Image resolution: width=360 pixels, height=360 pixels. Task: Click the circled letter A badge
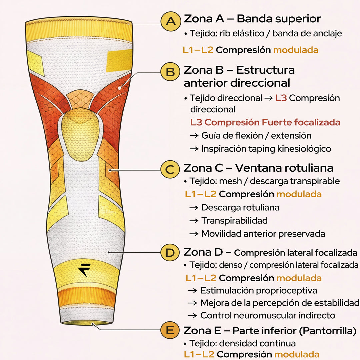tap(171, 22)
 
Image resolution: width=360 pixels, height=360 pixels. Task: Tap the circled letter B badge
tap(171, 72)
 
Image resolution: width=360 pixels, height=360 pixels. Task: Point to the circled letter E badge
tap(170, 331)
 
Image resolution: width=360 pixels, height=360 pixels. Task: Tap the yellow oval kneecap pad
tap(81, 133)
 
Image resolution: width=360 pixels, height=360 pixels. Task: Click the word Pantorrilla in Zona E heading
tap(326, 331)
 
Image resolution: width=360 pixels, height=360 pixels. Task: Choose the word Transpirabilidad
tap(234, 220)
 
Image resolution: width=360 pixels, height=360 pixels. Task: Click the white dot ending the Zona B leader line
tap(119, 88)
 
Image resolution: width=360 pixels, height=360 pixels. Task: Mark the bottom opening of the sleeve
tap(79, 323)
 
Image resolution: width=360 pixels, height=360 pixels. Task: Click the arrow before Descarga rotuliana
tap(194, 208)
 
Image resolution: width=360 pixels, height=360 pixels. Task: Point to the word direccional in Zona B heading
tap(261, 83)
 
